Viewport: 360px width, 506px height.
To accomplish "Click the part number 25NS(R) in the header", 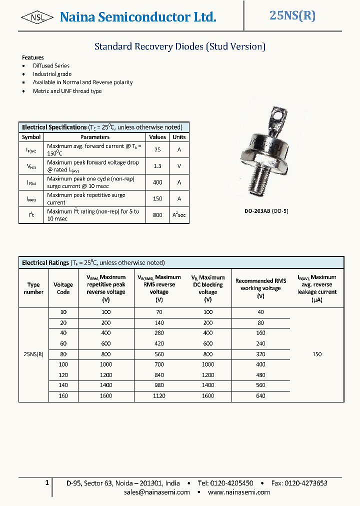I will point(292,15).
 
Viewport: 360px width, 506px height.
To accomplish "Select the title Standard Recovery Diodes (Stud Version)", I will point(179,46).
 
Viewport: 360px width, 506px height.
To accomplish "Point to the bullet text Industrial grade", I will point(52,74).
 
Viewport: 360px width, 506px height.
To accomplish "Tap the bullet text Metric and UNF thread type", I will point(67,91).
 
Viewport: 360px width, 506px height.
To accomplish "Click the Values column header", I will point(157,137).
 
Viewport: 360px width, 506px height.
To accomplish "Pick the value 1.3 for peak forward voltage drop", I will point(157,166).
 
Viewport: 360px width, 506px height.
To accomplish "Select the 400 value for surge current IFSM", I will point(157,182).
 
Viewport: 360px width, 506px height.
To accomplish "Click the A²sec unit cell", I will point(179,215).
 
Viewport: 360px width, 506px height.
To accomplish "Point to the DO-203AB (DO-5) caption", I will point(266,211).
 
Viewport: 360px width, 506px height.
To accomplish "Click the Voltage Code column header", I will point(63,288).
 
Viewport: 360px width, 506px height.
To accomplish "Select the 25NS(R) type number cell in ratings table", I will point(33,354).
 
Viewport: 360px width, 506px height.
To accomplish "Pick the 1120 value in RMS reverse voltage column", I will point(159,396).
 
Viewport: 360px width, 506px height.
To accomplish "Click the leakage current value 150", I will point(317,354).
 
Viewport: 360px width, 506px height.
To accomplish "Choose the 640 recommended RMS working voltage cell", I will point(260,396).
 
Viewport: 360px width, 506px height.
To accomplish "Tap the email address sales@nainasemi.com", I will point(157,492).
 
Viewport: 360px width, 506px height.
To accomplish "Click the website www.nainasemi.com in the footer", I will point(239,492).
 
